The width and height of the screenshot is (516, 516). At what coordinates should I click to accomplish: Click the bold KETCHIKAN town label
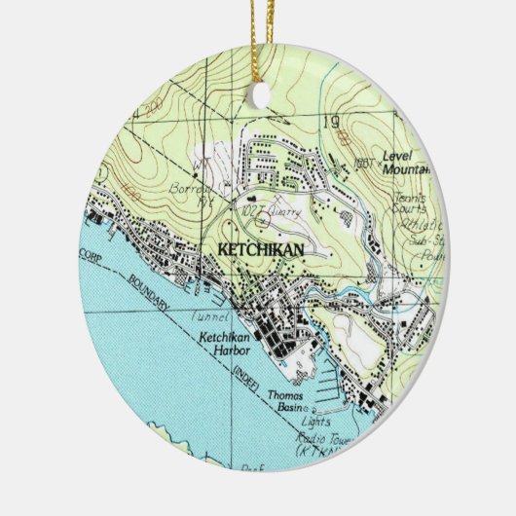(261, 250)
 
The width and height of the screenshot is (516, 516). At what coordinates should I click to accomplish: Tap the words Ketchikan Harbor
(226, 344)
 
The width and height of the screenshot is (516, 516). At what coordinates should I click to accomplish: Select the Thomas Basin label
(287, 402)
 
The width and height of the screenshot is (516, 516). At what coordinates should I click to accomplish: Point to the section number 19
(330, 123)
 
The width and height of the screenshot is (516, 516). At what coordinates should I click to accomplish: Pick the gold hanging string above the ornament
(260, 39)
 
